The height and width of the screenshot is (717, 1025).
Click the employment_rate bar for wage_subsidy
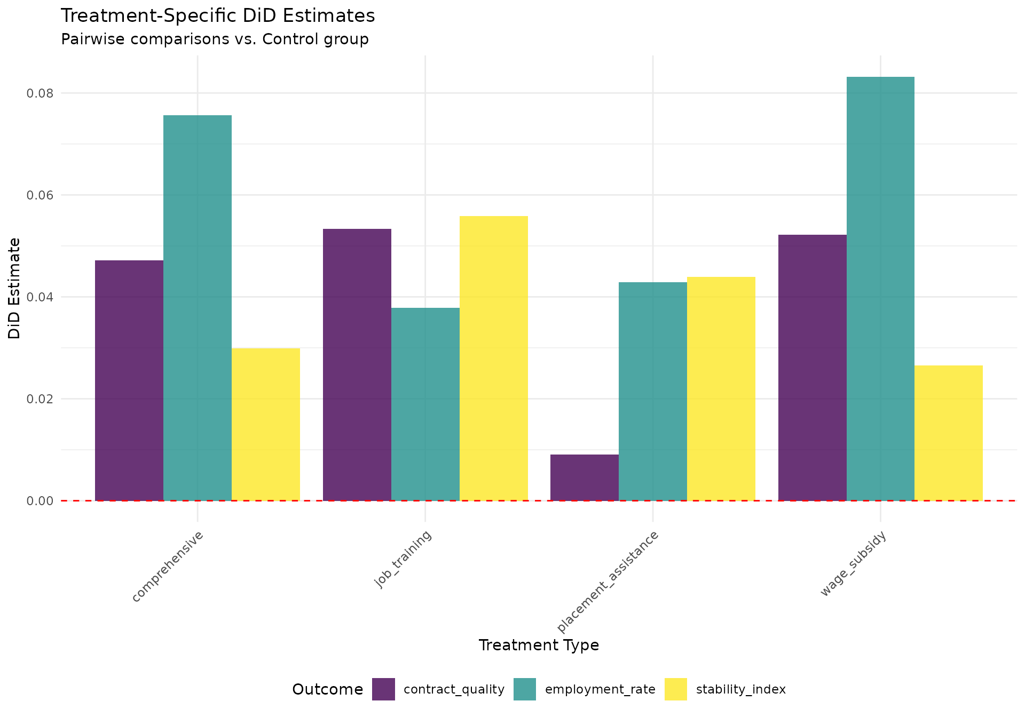point(880,289)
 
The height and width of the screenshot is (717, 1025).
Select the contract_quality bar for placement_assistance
point(585,477)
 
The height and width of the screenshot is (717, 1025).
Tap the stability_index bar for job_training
point(494,358)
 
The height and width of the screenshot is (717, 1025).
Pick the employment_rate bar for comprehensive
point(198,308)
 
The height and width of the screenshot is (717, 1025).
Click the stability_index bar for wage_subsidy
point(949,433)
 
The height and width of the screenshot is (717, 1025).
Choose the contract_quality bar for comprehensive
point(129,380)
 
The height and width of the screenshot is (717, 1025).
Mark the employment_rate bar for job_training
point(425,404)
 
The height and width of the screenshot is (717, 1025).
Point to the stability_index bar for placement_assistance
point(721,388)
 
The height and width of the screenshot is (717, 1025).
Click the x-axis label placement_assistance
point(608,581)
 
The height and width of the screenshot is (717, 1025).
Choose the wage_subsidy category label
point(853,564)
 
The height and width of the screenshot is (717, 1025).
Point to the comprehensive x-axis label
point(167,567)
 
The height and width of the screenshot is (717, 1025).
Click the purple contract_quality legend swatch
point(383,689)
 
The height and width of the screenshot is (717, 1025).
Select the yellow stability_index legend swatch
point(675,689)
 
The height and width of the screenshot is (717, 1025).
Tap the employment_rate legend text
point(600,689)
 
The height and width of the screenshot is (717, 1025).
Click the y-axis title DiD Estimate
point(14,288)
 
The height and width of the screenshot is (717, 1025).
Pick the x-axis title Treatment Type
point(539,646)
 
